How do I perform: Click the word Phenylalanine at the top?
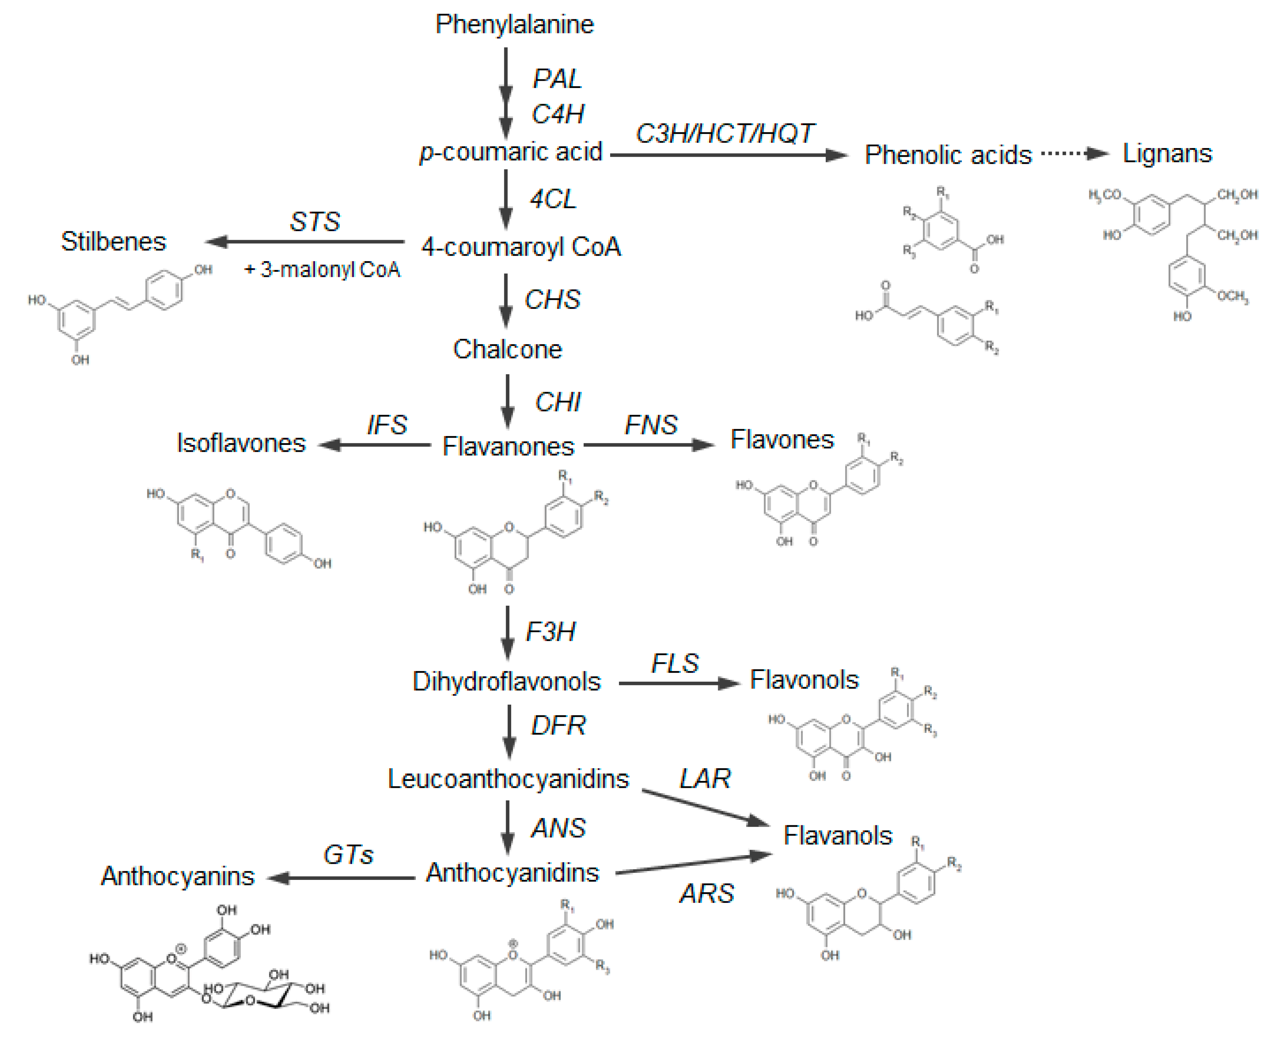[514, 24]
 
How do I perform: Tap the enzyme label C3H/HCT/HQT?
[724, 134]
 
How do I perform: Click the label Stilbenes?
[113, 242]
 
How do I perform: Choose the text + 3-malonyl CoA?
[322, 270]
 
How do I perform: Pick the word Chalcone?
[507, 349]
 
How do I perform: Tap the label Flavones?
[782, 440]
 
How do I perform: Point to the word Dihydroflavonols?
[506, 682]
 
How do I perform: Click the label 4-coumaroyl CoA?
[520, 247]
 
